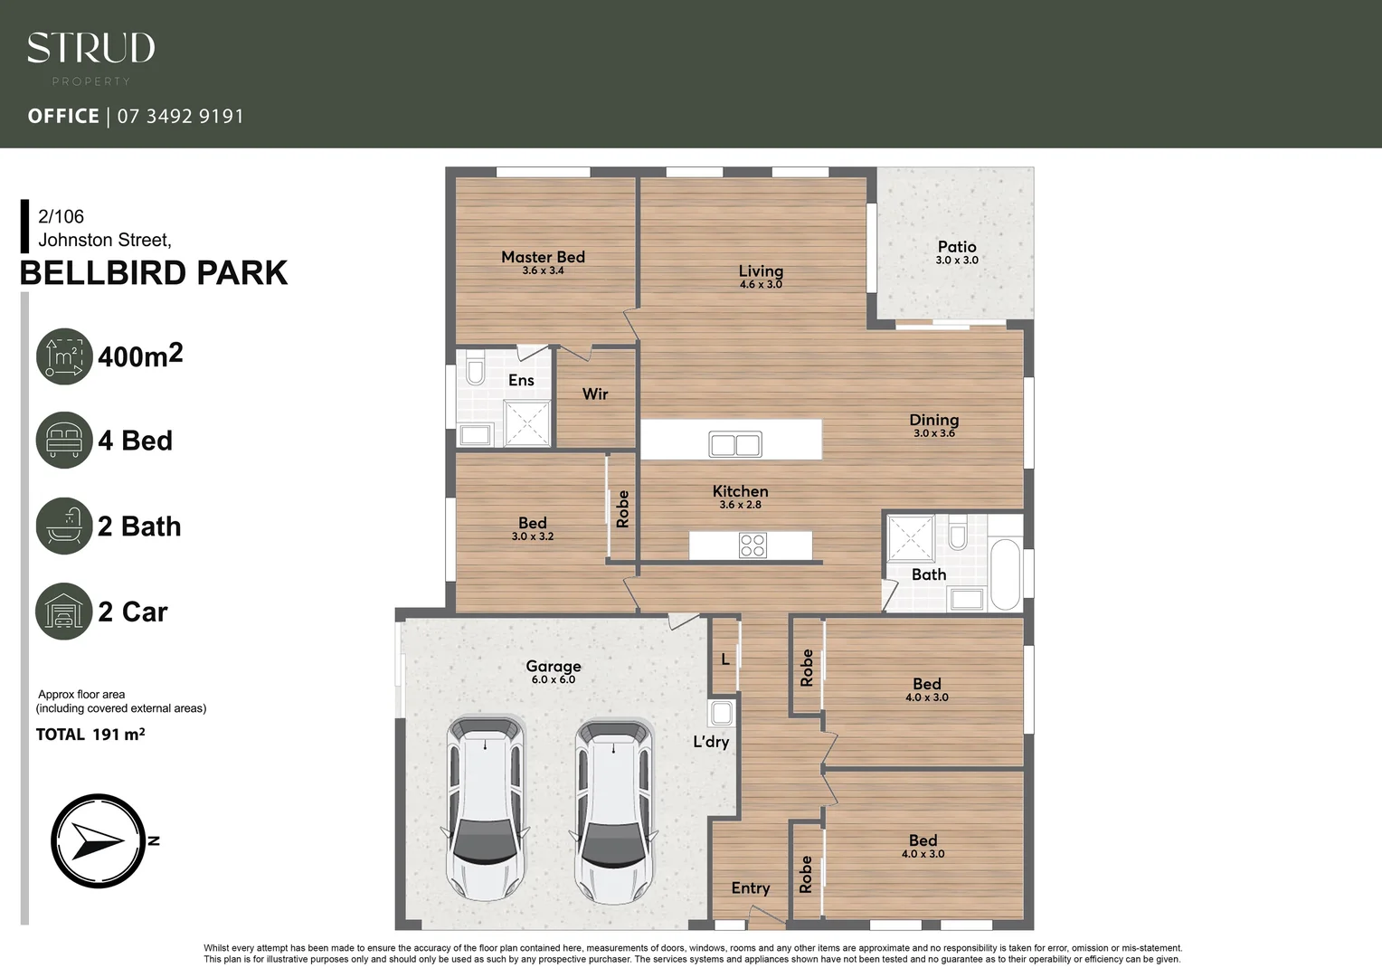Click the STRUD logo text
90,48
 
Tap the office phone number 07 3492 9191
180,116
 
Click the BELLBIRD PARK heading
154,272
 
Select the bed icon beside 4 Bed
64,440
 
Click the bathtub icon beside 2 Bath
64,526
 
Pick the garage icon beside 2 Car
64,612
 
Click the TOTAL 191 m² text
90,735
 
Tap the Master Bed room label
543,257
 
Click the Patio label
957,247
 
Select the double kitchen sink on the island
735,444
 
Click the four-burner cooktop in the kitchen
753,545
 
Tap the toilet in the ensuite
476,370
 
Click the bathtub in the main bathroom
1005,575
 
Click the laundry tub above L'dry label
721,713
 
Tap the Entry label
751,888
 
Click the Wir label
595,394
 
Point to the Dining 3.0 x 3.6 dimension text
934,433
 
